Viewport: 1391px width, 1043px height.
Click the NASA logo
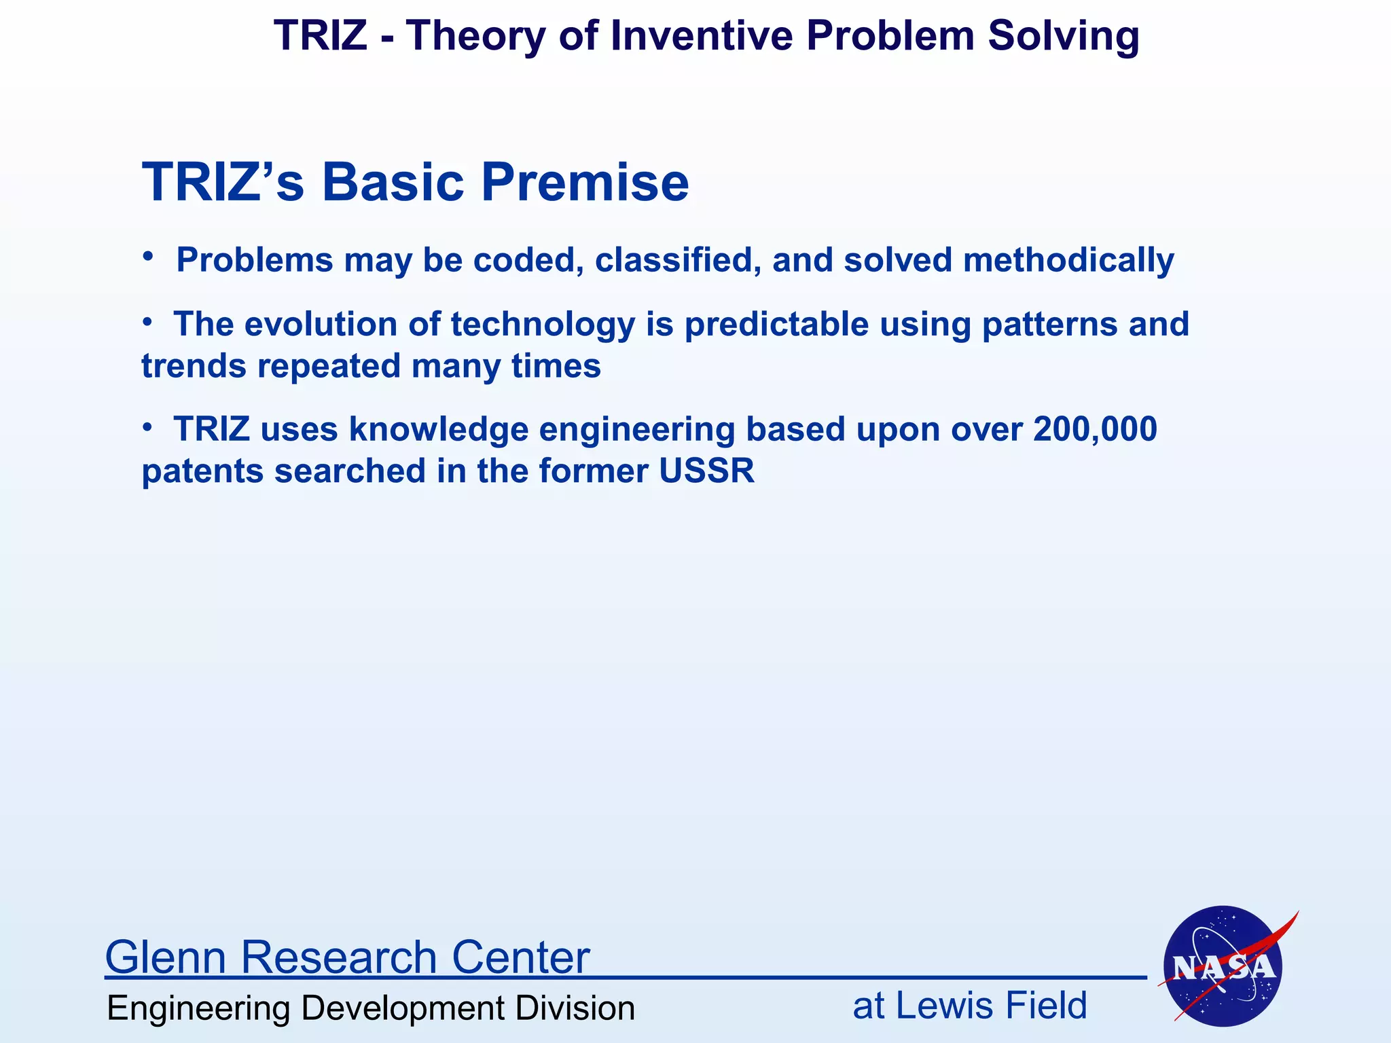pyautogui.click(x=1223, y=966)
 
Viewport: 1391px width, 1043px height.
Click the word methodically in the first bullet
pyautogui.click(x=1068, y=261)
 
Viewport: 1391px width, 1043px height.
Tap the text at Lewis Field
pyautogui.click(x=969, y=1006)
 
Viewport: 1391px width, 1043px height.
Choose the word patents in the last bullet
pyautogui.click(x=202, y=471)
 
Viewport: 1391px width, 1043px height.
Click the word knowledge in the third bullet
pyautogui.click(x=439, y=429)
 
